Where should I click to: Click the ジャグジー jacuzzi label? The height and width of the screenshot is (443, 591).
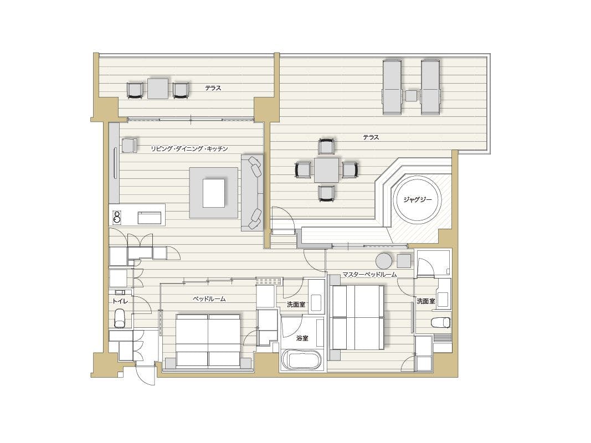pos(417,200)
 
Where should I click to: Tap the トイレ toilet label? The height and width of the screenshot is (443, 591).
pos(120,301)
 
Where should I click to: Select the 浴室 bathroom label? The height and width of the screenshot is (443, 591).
pos(302,338)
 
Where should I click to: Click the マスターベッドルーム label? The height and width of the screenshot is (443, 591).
pos(369,275)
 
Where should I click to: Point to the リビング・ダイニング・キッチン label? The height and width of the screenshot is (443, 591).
pos(189,148)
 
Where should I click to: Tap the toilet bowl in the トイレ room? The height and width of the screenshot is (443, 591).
pos(120,318)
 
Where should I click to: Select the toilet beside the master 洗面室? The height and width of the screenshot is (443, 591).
pos(440,322)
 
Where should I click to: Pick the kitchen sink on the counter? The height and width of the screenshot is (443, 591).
pos(149,218)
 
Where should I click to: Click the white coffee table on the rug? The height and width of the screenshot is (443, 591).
pos(214,193)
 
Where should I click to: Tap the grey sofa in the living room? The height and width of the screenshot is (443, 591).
pos(252,192)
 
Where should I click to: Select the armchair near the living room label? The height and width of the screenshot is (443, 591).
pos(129,146)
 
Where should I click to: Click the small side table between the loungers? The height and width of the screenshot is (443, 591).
pos(411,95)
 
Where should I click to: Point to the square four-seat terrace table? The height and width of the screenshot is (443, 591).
pos(326,169)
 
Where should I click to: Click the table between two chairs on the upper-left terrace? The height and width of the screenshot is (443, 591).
pos(158,89)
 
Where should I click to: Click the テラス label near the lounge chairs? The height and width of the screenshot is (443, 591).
pos(371,137)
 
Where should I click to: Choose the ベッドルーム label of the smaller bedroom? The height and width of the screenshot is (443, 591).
pos(209,298)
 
